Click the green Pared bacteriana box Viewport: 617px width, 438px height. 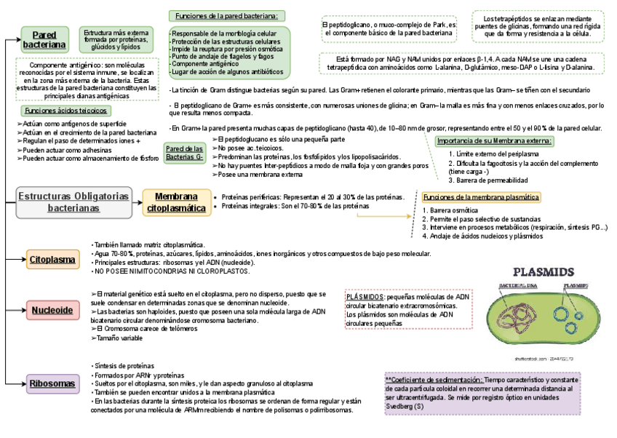coord(44,40)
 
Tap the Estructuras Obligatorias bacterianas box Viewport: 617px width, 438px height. coord(74,202)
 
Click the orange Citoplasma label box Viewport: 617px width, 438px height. coord(52,260)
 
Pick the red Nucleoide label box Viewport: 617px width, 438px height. coord(52,311)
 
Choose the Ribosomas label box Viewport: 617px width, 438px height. coord(52,383)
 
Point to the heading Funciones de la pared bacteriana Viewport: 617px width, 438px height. coord(227,16)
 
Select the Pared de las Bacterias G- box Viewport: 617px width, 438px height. coord(184,153)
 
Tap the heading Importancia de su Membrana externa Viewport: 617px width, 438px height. coord(495,140)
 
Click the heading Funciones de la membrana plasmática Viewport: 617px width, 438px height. coord(481,197)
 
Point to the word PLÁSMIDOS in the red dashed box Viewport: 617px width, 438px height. coord(365,297)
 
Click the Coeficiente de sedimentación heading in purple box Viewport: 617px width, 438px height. coord(434,380)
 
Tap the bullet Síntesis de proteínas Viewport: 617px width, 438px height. coord(124,365)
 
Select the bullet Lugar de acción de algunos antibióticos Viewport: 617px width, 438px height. coord(227,72)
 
